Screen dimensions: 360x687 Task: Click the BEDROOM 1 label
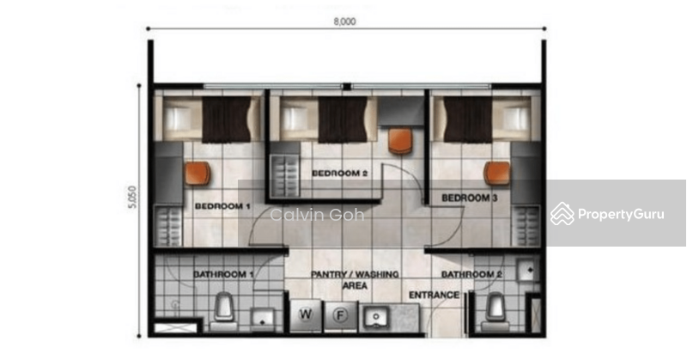pyautogui.click(x=222, y=206)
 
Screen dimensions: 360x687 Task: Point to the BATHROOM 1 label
pyautogui.click(x=223, y=274)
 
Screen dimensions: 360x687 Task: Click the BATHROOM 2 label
pyautogui.click(x=471, y=274)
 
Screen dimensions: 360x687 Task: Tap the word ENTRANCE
pyautogui.click(x=434, y=295)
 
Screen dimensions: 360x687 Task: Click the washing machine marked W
pyautogui.click(x=306, y=315)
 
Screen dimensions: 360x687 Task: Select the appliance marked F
pyautogui.click(x=340, y=315)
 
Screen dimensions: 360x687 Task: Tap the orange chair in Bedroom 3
pyautogui.click(x=496, y=173)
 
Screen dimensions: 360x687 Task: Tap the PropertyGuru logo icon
pyautogui.click(x=562, y=213)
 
